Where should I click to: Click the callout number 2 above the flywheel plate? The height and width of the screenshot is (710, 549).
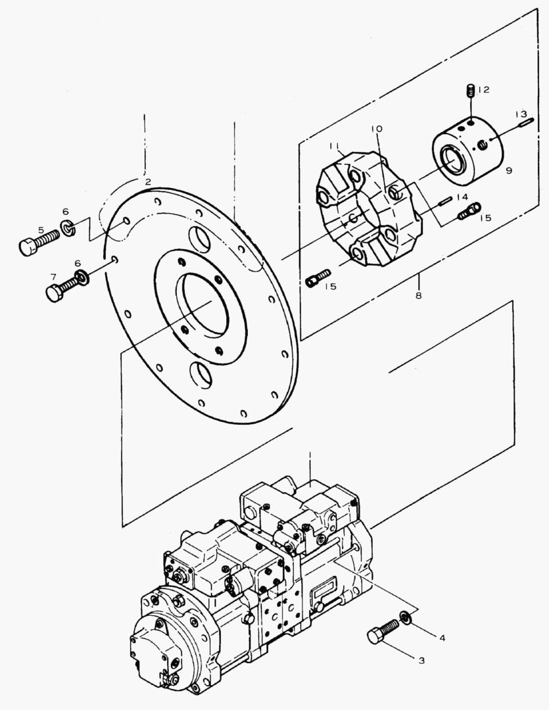pos(149,181)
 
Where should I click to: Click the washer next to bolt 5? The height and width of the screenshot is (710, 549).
pos(68,229)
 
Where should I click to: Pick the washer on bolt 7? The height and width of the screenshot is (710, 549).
pos(84,274)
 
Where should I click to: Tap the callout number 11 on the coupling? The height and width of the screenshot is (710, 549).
pos(334,145)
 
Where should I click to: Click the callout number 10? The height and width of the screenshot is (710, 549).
pos(375,130)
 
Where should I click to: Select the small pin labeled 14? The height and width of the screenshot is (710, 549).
pos(445,201)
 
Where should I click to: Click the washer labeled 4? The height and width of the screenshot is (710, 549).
pos(406,617)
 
